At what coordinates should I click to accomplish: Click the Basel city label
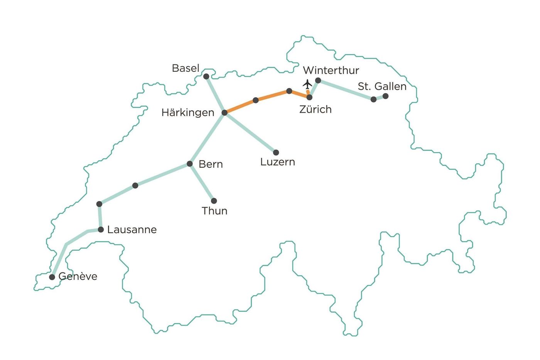point(186,68)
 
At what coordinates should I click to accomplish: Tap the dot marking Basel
point(206,76)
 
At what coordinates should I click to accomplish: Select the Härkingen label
point(188,113)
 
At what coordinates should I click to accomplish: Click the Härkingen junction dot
point(224,113)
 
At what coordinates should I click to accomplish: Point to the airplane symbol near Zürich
point(307,83)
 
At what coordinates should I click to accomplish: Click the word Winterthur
point(331,70)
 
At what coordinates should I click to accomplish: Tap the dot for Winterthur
point(318,80)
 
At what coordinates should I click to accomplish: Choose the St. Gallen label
point(382,86)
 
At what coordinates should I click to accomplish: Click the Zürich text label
point(316,110)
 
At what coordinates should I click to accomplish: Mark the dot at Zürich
point(309,97)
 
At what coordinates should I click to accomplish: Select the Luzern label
point(278,162)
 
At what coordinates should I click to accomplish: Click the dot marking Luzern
point(276,152)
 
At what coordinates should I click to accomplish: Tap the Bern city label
point(211,164)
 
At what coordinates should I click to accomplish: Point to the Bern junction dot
point(190,164)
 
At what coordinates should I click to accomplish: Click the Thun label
point(214,211)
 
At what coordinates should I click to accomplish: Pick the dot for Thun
point(214,201)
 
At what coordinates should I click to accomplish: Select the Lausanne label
point(132,230)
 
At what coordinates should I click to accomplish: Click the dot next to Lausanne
point(101,230)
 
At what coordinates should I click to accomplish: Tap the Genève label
point(78,276)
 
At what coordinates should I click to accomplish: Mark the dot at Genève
point(52,277)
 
